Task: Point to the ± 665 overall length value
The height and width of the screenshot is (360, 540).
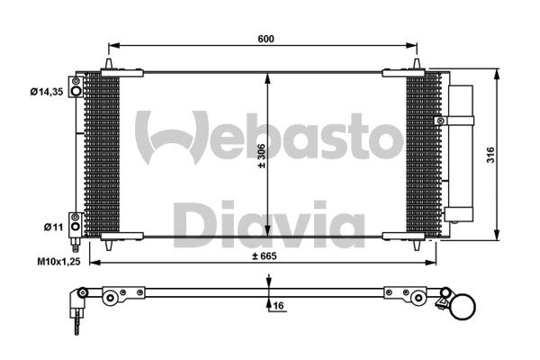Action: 263,256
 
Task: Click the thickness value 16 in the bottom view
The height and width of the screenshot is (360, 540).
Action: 278,307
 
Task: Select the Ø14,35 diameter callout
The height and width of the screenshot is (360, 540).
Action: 45,90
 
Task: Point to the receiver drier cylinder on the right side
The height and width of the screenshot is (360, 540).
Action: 461,153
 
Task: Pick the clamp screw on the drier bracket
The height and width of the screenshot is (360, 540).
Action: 439,121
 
